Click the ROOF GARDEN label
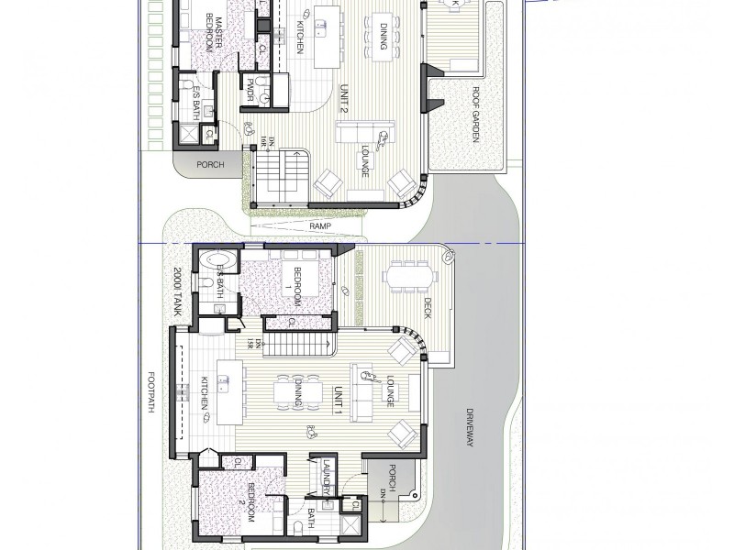pos(479,110)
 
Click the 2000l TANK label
pos(180,292)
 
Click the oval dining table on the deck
pos(408,275)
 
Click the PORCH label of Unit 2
pos(211,165)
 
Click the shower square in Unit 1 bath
pos(350,527)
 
